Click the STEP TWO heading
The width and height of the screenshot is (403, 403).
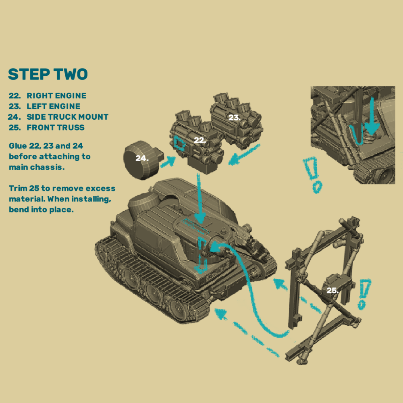tap(48, 74)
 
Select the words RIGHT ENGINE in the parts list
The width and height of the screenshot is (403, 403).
tap(56, 96)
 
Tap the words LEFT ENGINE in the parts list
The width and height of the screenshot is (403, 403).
tap(54, 106)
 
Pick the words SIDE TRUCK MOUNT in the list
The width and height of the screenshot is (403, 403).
tap(68, 117)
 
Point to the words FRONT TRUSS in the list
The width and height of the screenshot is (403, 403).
tap(56, 127)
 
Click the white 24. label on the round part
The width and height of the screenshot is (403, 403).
tap(142, 158)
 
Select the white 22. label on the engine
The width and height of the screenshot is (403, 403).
tap(200, 140)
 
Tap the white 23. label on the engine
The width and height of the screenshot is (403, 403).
tap(235, 118)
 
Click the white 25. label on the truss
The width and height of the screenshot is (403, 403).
tap(332, 291)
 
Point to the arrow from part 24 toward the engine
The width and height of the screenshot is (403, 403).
tap(168, 162)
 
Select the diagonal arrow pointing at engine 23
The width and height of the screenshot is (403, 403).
tap(244, 155)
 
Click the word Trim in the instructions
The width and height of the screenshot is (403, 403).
tap(18, 188)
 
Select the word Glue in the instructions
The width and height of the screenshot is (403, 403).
tap(18, 146)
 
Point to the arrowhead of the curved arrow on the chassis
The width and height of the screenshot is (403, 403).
tap(216, 247)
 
